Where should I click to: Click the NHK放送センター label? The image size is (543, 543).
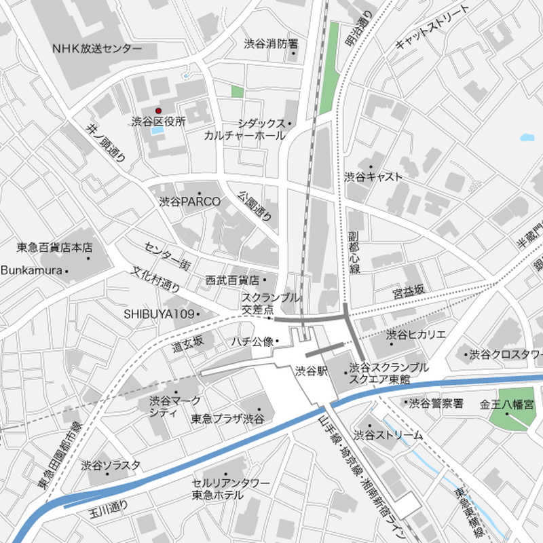97,49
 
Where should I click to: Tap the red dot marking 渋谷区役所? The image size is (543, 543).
159,111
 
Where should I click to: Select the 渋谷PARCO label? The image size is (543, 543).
190,202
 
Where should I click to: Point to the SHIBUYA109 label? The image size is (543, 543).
160,314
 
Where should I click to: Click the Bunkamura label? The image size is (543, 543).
32,271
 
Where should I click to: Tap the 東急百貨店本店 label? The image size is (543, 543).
54,248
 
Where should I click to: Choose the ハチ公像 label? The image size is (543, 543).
252,341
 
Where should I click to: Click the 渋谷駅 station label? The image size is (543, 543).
312,371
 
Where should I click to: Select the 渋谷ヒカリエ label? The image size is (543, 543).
416,335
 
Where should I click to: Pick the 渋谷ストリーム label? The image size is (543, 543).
388,434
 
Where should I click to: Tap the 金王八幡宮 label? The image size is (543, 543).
506,404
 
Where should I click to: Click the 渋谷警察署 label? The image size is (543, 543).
436,404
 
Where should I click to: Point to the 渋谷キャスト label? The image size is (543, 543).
373,177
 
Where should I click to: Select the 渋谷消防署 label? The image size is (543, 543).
271,43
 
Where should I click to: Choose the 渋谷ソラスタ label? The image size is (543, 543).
111,465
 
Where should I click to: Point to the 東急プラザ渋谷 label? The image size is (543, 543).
227,419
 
